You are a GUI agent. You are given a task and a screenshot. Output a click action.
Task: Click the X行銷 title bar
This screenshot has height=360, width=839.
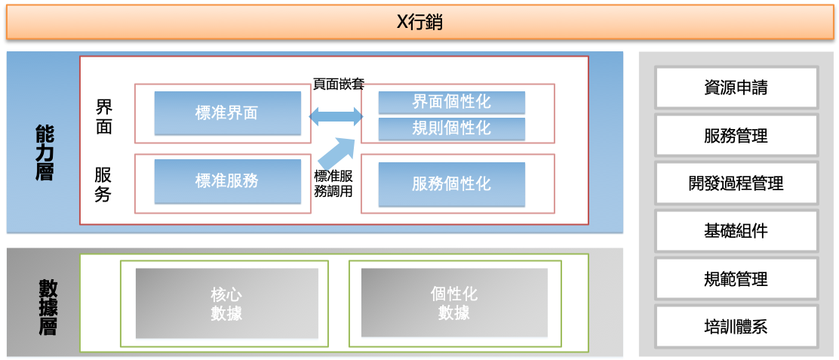point(419,22)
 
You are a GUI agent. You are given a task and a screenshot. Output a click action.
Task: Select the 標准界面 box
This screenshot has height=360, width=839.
point(227,113)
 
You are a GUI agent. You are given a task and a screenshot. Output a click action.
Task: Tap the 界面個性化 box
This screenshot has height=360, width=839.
point(452,102)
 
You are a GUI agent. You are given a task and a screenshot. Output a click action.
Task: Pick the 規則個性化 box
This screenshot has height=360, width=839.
point(452,129)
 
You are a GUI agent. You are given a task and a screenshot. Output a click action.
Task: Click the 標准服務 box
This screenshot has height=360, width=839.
point(227,181)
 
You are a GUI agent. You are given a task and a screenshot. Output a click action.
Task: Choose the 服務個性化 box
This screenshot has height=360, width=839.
point(452,184)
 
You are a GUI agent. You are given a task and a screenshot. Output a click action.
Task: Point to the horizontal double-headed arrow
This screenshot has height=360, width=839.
point(336,116)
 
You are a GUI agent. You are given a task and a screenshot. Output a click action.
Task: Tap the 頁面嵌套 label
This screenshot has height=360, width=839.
point(339,84)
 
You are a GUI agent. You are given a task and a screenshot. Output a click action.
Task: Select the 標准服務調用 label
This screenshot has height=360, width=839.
point(333,183)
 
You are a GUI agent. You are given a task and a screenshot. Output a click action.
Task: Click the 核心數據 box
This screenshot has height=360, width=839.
point(227,303)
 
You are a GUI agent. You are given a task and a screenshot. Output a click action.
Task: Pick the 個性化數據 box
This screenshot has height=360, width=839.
point(454,303)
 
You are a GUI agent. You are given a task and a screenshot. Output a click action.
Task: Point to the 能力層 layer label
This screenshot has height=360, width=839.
point(45,152)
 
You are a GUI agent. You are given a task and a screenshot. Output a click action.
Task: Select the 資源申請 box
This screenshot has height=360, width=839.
point(736,88)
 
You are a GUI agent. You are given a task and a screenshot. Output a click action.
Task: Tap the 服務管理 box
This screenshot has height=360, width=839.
point(736,135)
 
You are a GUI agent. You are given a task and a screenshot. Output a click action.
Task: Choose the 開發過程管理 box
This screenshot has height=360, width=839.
point(736,183)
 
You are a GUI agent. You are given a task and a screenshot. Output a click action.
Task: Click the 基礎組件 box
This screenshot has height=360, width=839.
point(736,231)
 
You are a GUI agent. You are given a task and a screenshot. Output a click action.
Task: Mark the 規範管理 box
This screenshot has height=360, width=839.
point(736,278)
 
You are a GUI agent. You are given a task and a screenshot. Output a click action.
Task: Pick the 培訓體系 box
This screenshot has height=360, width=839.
point(736,326)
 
